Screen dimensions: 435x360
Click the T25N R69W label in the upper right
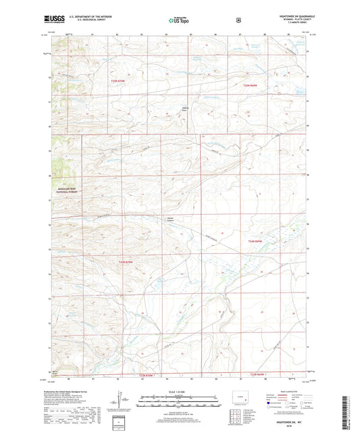pyautogui.click(x=251, y=84)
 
